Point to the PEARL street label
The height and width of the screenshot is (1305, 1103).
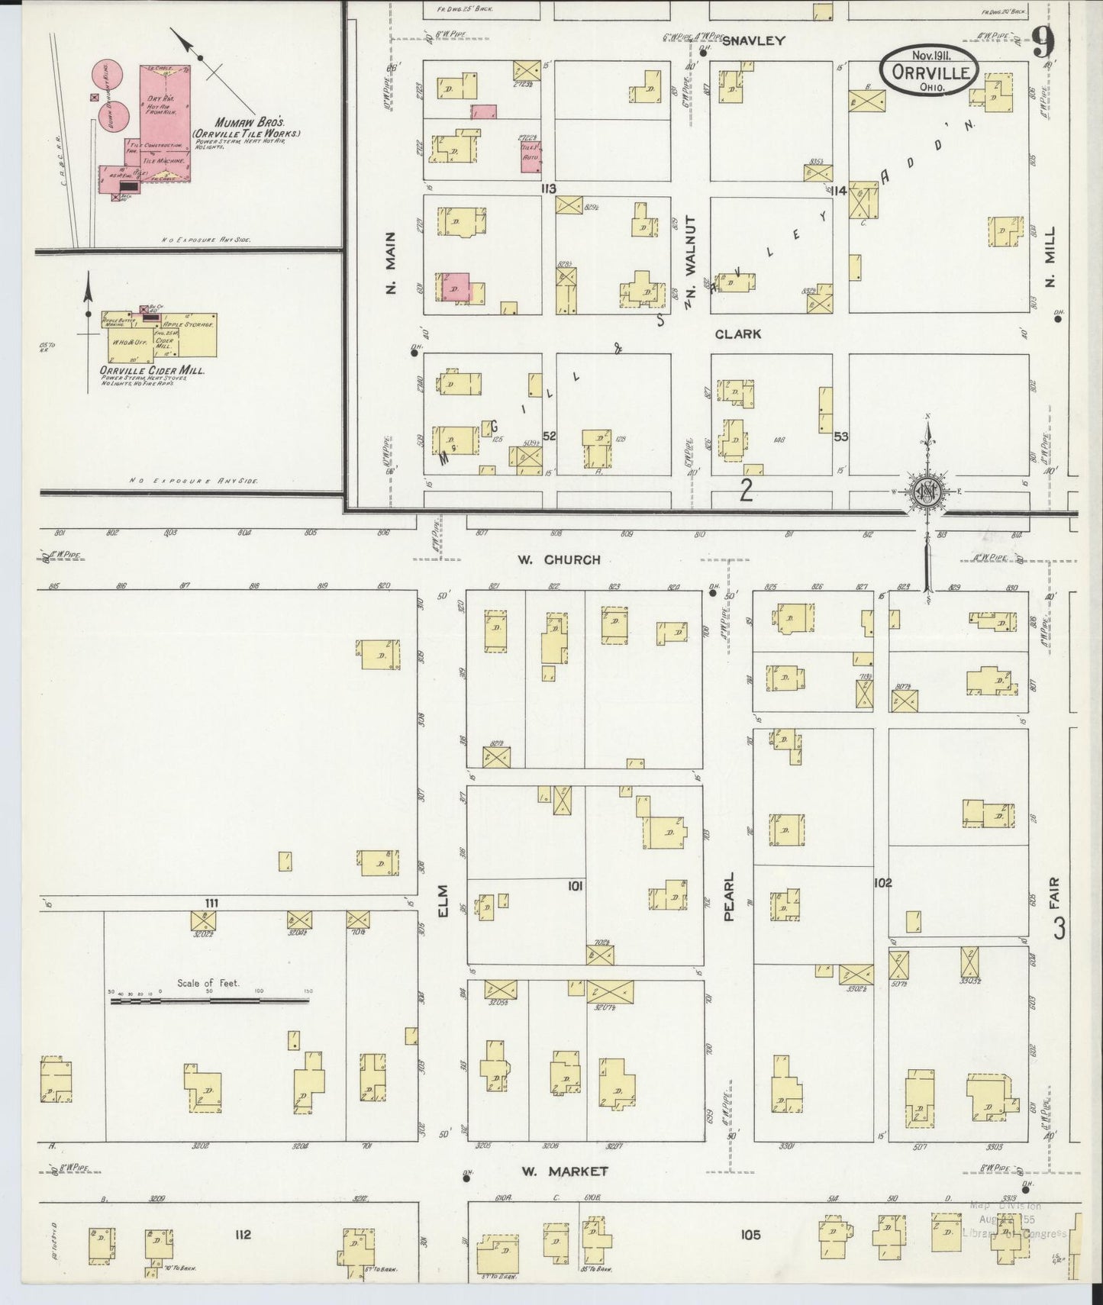[x=728, y=897]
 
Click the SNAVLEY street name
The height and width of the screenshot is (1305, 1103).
[x=753, y=41]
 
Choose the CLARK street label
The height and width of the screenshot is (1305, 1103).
[x=738, y=334]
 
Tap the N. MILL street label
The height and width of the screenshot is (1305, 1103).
[x=1050, y=267]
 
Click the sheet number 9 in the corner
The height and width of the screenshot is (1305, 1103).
[x=1043, y=41]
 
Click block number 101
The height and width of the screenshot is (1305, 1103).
[x=576, y=886]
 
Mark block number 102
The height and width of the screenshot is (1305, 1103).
[x=882, y=882]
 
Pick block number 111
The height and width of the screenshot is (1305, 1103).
[x=211, y=903]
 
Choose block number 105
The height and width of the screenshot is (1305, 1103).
[x=750, y=1234]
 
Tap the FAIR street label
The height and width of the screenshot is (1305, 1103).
[x=1057, y=889]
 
